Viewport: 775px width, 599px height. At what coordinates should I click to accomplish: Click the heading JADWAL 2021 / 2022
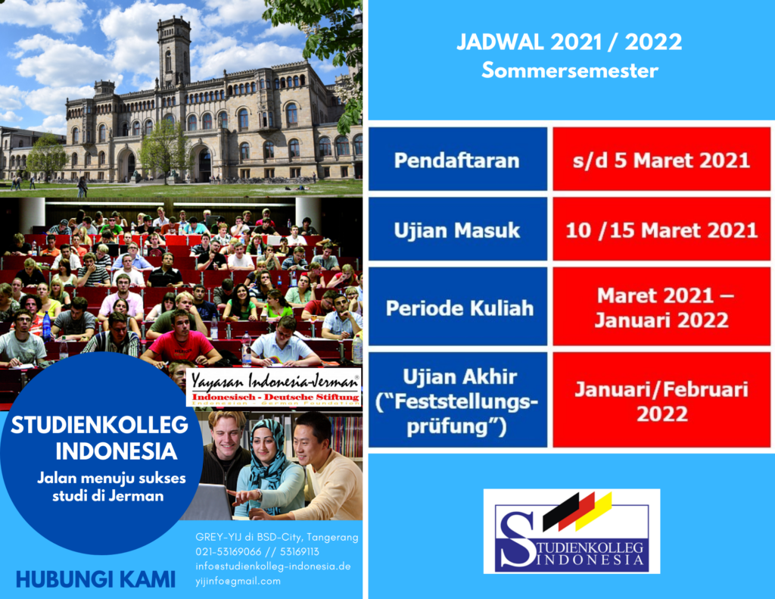tap(569, 42)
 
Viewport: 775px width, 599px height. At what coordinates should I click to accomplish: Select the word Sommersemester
tap(570, 70)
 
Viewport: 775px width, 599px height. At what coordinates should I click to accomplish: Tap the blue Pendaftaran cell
tap(458, 159)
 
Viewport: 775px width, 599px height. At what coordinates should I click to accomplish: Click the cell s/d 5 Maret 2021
tap(661, 159)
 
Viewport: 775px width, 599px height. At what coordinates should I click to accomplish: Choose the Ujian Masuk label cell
tap(458, 229)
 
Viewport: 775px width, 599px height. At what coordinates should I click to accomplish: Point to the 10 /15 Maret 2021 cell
tap(661, 229)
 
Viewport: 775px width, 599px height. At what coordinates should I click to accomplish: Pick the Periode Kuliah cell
tap(458, 307)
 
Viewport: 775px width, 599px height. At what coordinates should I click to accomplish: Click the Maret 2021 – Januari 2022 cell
tap(661, 307)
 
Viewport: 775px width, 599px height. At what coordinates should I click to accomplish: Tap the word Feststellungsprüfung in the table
tap(457, 413)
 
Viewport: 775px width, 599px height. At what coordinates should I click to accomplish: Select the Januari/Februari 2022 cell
tap(661, 400)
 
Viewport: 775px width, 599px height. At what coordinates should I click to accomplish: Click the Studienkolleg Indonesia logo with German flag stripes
tap(572, 532)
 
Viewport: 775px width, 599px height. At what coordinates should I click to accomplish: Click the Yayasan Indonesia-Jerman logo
tap(274, 388)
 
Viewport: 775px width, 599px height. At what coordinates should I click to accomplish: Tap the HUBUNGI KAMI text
tap(95, 579)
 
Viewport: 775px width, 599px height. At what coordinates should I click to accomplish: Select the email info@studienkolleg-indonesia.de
tap(272, 566)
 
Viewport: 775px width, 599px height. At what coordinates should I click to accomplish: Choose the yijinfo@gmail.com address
tap(238, 581)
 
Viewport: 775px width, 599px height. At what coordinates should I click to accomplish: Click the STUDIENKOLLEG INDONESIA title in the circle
tap(99, 438)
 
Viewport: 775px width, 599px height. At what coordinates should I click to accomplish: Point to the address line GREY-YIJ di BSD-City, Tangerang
tap(277, 537)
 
